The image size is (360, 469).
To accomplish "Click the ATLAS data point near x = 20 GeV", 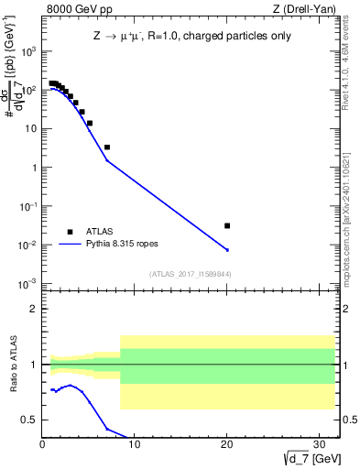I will click(x=227, y=225).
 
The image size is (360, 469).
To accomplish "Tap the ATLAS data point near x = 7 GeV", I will click(x=107, y=147).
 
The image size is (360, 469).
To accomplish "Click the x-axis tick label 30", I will click(x=318, y=444).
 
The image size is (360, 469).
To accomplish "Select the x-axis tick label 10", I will click(x=135, y=444).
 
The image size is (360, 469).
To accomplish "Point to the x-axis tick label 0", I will click(x=43, y=444).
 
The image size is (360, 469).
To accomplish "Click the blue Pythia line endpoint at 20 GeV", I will click(x=227, y=249).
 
